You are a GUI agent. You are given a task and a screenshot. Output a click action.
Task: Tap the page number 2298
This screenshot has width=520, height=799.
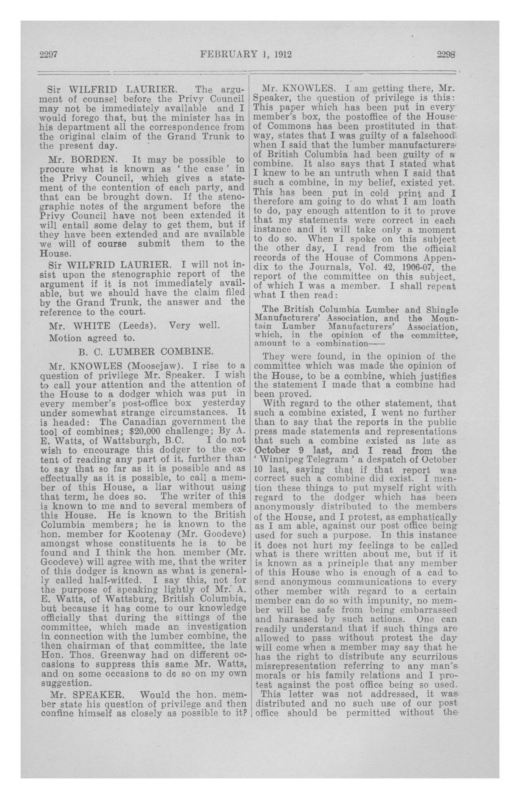point(446,55)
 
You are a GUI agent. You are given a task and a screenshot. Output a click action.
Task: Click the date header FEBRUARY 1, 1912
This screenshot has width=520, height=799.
point(246,54)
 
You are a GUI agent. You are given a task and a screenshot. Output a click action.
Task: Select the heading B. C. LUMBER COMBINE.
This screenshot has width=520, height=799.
point(145,352)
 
